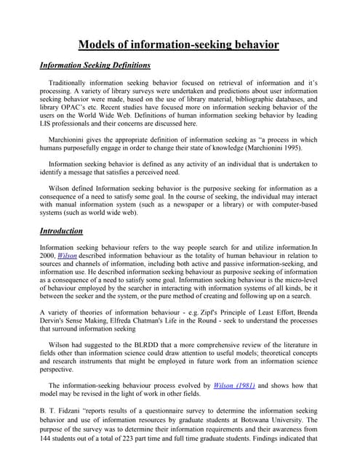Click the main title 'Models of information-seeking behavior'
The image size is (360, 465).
pyautogui.click(x=178, y=44)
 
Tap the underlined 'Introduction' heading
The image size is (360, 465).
pyautogui.click(x=61, y=231)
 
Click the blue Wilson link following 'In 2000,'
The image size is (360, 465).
pyautogui.click(x=68, y=256)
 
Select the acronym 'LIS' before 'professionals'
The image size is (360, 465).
pyautogui.click(x=47, y=124)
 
